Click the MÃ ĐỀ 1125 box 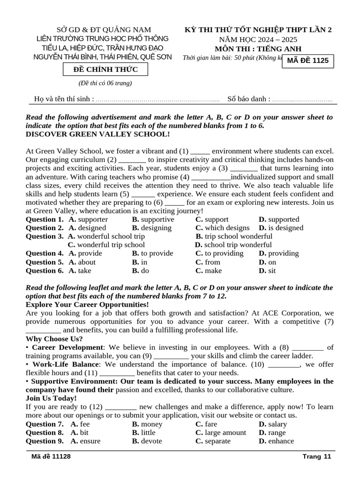(307, 60)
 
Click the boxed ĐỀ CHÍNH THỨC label (105, 69)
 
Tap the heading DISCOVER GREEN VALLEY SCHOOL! (97, 134)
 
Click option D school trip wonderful (233, 245)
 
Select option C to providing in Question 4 (219, 253)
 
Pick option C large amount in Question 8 (220, 433)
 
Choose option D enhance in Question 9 (276, 441)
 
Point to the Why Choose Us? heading (54, 338)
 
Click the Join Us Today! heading (51, 398)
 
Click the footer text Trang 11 (317, 457)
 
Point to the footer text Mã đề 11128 (51, 457)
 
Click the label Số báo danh (248, 99)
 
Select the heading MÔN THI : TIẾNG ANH (258, 49)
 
